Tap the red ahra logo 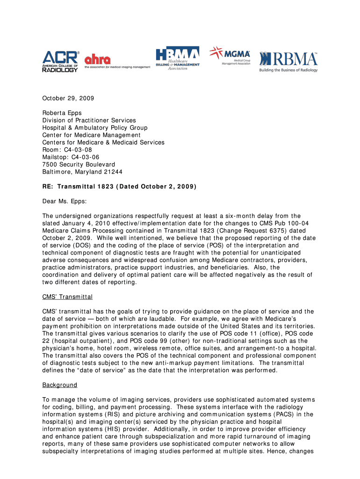coord(98,60)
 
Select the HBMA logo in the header coord(178,58)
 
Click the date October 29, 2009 coord(68,98)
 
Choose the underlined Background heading coord(60,385)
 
